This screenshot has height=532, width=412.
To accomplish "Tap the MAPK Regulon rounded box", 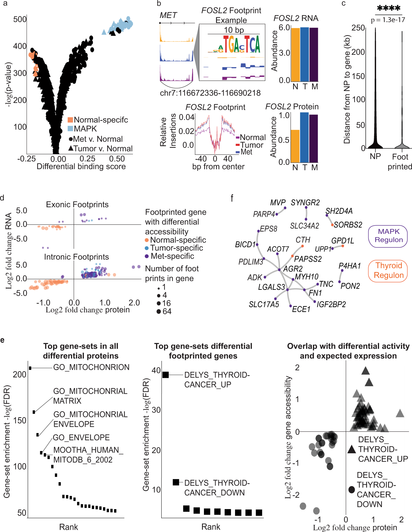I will pos(388,236).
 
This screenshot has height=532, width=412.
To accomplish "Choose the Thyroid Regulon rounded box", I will pos(388,271).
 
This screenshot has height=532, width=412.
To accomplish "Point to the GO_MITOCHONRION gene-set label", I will pos(91,367).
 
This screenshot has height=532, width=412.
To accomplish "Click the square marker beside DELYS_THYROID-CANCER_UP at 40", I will pos(165,375).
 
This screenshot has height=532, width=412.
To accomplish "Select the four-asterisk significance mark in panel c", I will pos(388,9).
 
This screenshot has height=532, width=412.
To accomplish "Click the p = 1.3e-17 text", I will pos(388,20).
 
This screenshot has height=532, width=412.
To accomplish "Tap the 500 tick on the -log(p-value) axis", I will pos(20,20).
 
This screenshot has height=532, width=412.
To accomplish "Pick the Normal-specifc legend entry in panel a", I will pos(101,120).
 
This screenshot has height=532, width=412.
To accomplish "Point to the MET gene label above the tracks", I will pos(168,15).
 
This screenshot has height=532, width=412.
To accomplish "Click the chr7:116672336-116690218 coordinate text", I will pos(210,93).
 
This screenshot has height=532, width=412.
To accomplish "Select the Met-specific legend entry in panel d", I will pos(172,256).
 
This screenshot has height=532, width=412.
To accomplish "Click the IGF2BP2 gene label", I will pos(331,304).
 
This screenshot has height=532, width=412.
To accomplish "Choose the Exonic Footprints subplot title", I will pos(77,204).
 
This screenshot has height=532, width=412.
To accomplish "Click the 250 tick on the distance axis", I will pos(358,28).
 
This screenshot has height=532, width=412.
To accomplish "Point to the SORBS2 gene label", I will pos(348,225).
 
